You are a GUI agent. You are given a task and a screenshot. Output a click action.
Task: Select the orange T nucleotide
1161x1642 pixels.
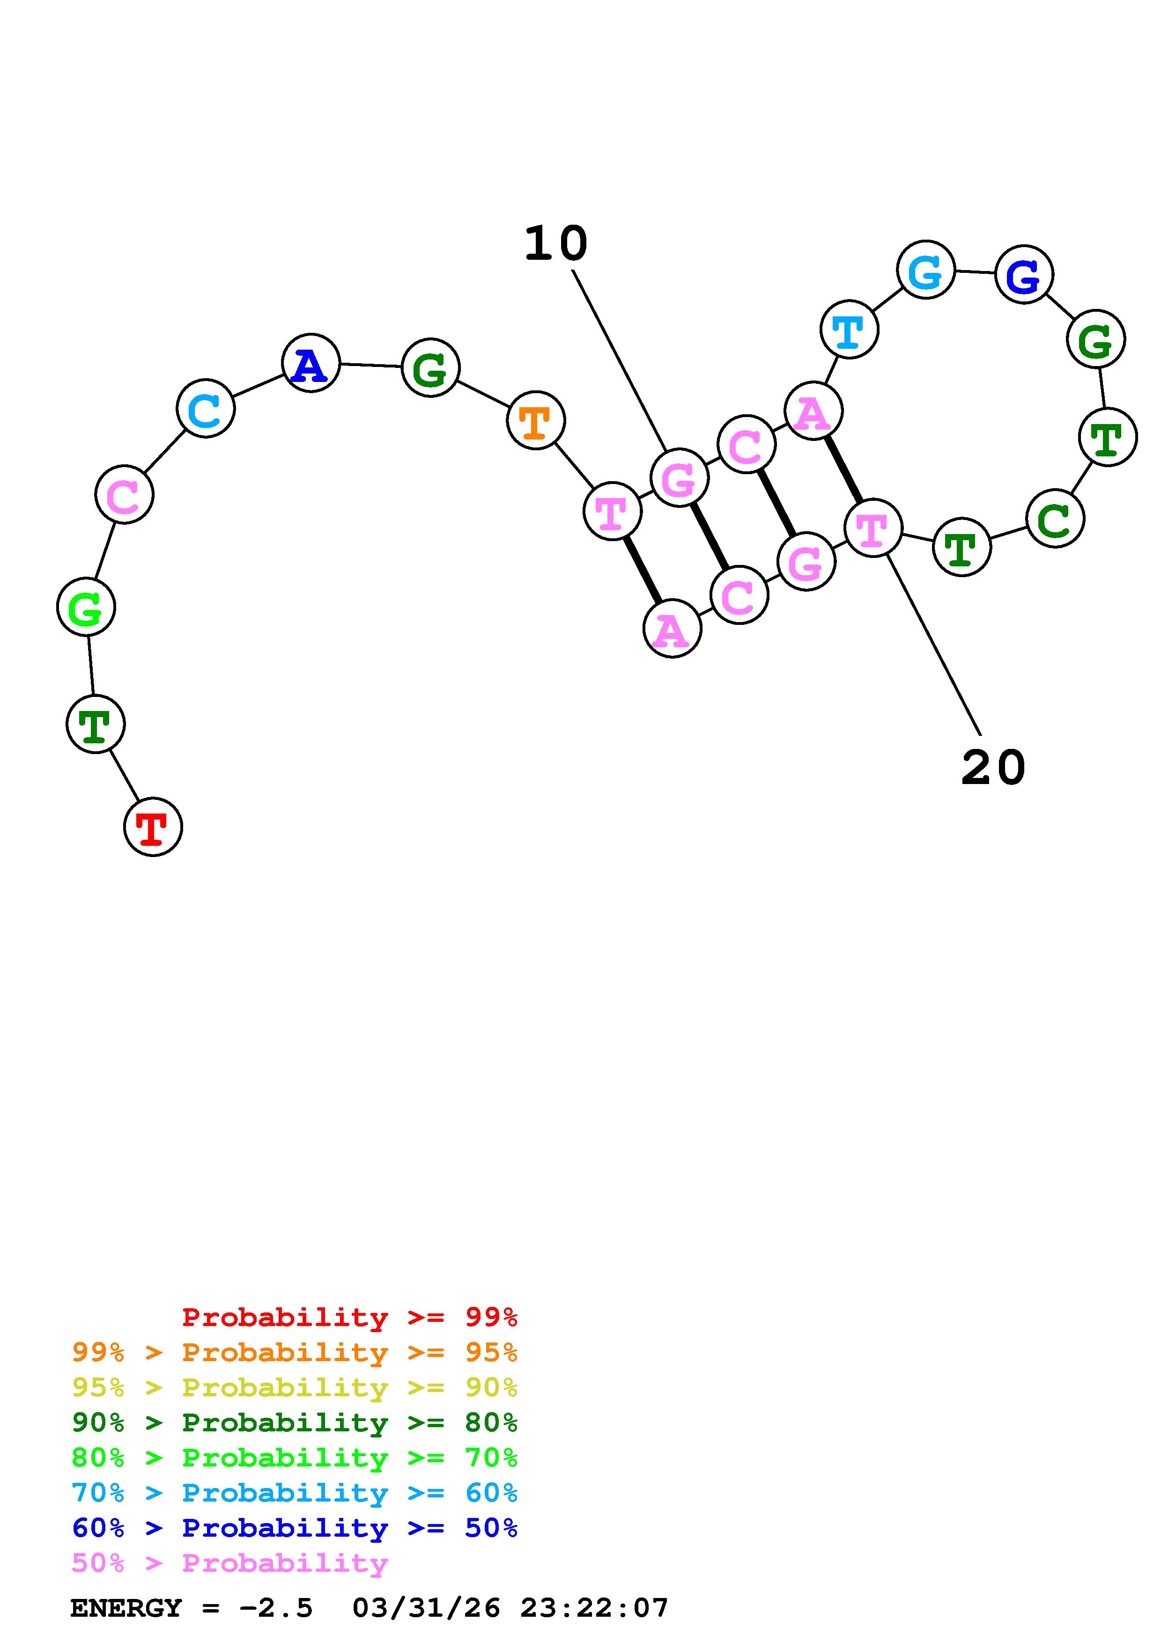[x=536, y=420]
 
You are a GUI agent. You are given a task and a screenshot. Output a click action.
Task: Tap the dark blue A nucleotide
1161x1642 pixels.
[x=311, y=363]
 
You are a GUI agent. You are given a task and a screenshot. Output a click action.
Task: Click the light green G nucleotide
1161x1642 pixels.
[x=86, y=607]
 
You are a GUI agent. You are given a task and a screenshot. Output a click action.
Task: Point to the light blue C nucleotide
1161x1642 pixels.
[x=205, y=408]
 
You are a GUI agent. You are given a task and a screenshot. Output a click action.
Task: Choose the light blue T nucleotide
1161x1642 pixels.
[x=849, y=330]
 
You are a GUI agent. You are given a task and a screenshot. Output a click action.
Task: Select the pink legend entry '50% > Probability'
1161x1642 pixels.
[x=229, y=1563]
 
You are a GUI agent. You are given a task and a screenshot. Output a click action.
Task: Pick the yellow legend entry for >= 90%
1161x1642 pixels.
[x=295, y=1387]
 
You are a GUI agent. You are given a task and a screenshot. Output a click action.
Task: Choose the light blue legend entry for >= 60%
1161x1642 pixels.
[x=295, y=1493]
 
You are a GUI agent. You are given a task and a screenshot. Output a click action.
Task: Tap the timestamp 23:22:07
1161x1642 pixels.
[x=594, y=1608]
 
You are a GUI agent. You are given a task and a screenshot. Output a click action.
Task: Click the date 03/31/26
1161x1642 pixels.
[x=426, y=1608]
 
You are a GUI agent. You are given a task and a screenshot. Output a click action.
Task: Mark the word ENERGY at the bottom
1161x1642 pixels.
[x=126, y=1608]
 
